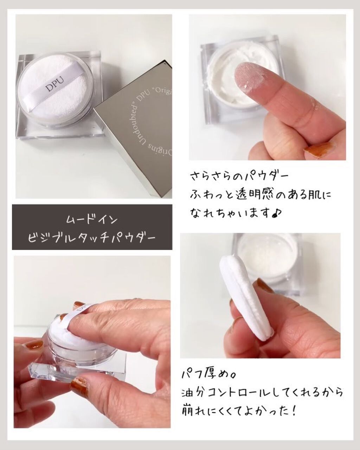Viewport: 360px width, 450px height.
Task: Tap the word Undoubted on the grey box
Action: click(x=129, y=128)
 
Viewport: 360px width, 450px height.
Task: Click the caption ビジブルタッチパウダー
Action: click(x=92, y=238)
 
